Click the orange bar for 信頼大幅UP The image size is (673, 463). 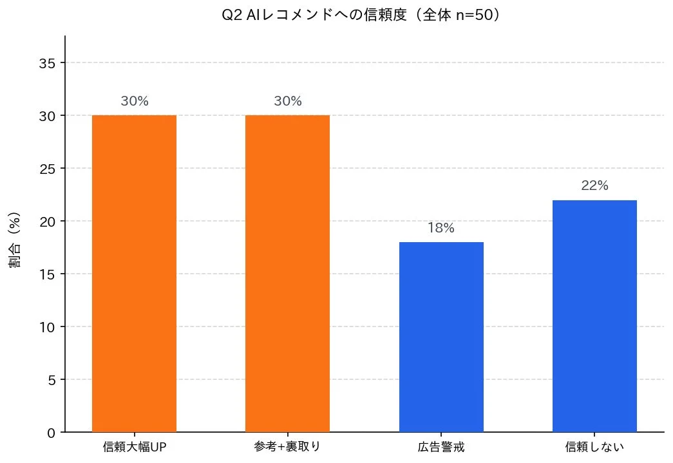134,274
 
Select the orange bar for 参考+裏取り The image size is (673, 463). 287,274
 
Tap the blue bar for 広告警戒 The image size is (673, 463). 441,337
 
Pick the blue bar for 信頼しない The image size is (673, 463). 594,316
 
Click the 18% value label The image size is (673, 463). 441,228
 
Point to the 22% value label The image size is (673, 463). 594,185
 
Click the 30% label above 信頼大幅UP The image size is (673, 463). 134,101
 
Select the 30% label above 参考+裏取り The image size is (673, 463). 287,101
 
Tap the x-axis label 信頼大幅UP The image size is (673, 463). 134,447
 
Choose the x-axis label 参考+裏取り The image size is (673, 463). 287,447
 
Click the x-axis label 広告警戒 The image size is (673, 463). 441,447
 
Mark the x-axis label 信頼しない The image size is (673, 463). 594,447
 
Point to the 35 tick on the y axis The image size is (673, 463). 47,63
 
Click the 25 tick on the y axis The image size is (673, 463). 47,169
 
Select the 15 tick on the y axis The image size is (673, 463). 47,274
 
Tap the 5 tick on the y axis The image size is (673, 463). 51,380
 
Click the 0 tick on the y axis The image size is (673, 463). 51,433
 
